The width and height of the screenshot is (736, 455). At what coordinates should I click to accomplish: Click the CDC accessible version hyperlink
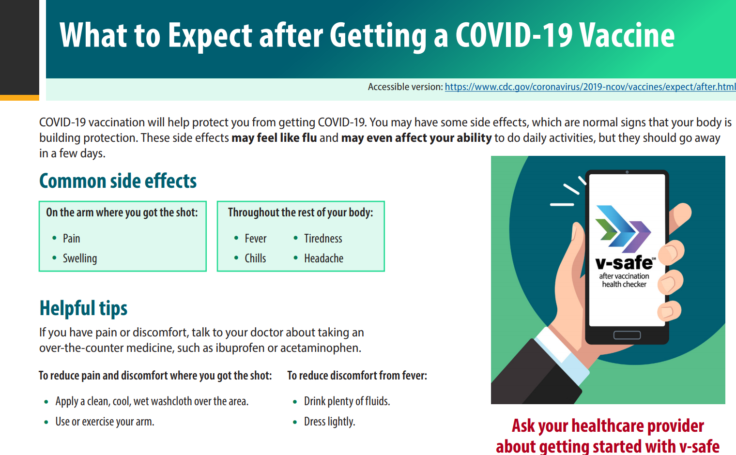590,87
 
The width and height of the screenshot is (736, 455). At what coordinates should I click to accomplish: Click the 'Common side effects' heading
118,181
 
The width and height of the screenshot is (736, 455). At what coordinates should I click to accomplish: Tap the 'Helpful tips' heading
83,308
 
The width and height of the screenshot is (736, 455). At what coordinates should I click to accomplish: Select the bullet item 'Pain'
71,239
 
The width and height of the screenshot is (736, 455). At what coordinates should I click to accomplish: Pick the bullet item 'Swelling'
79,258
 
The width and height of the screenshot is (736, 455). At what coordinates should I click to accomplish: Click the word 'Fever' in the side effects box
255,239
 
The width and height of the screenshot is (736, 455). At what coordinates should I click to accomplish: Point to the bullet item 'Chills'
255,258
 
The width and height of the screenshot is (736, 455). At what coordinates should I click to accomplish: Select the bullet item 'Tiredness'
323,239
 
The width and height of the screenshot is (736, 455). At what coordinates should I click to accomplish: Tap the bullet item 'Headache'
323,258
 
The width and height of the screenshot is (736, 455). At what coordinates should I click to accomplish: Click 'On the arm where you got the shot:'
122,212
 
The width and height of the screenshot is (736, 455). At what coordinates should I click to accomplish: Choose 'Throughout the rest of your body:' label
300,212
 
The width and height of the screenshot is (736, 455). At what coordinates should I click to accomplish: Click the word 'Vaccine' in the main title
627,36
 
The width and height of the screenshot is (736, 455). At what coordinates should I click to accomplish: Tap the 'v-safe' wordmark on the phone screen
624,263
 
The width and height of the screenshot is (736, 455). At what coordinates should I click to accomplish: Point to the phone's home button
627,335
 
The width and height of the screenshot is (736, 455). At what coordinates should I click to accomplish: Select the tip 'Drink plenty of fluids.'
347,401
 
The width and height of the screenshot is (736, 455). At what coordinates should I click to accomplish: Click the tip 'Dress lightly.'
329,422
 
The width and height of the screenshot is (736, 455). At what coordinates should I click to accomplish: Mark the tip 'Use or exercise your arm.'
105,422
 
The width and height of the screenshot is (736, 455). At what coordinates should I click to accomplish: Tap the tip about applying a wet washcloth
152,401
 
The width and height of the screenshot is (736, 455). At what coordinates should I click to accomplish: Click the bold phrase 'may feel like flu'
274,138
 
